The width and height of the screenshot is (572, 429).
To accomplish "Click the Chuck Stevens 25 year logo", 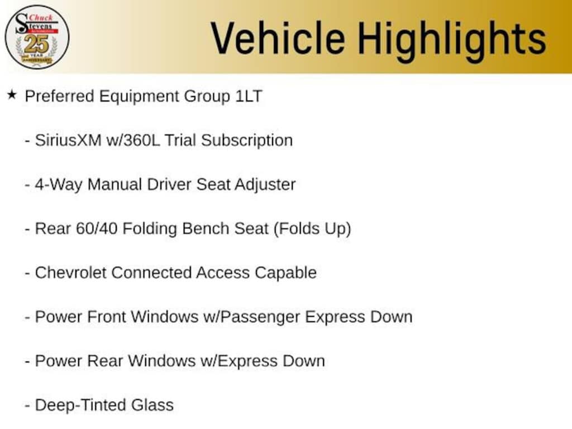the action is pyautogui.click(x=37, y=37).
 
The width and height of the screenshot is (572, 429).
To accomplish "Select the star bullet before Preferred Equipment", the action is pyautogui.click(x=12, y=95).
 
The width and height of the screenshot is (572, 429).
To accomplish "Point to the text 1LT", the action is pyautogui.click(x=249, y=96).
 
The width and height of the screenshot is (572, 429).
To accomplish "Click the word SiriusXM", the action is pyautogui.click(x=68, y=140).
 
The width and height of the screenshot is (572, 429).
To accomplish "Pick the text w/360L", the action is pyautogui.click(x=133, y=140).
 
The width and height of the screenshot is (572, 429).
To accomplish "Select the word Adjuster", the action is pyautogui.click(x=265, y=185).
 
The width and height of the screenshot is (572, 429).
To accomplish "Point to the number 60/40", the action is pyautogui.click(x=97, y=228).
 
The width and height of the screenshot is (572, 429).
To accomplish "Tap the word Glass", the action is pyautogui.click(x=152, y=406).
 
